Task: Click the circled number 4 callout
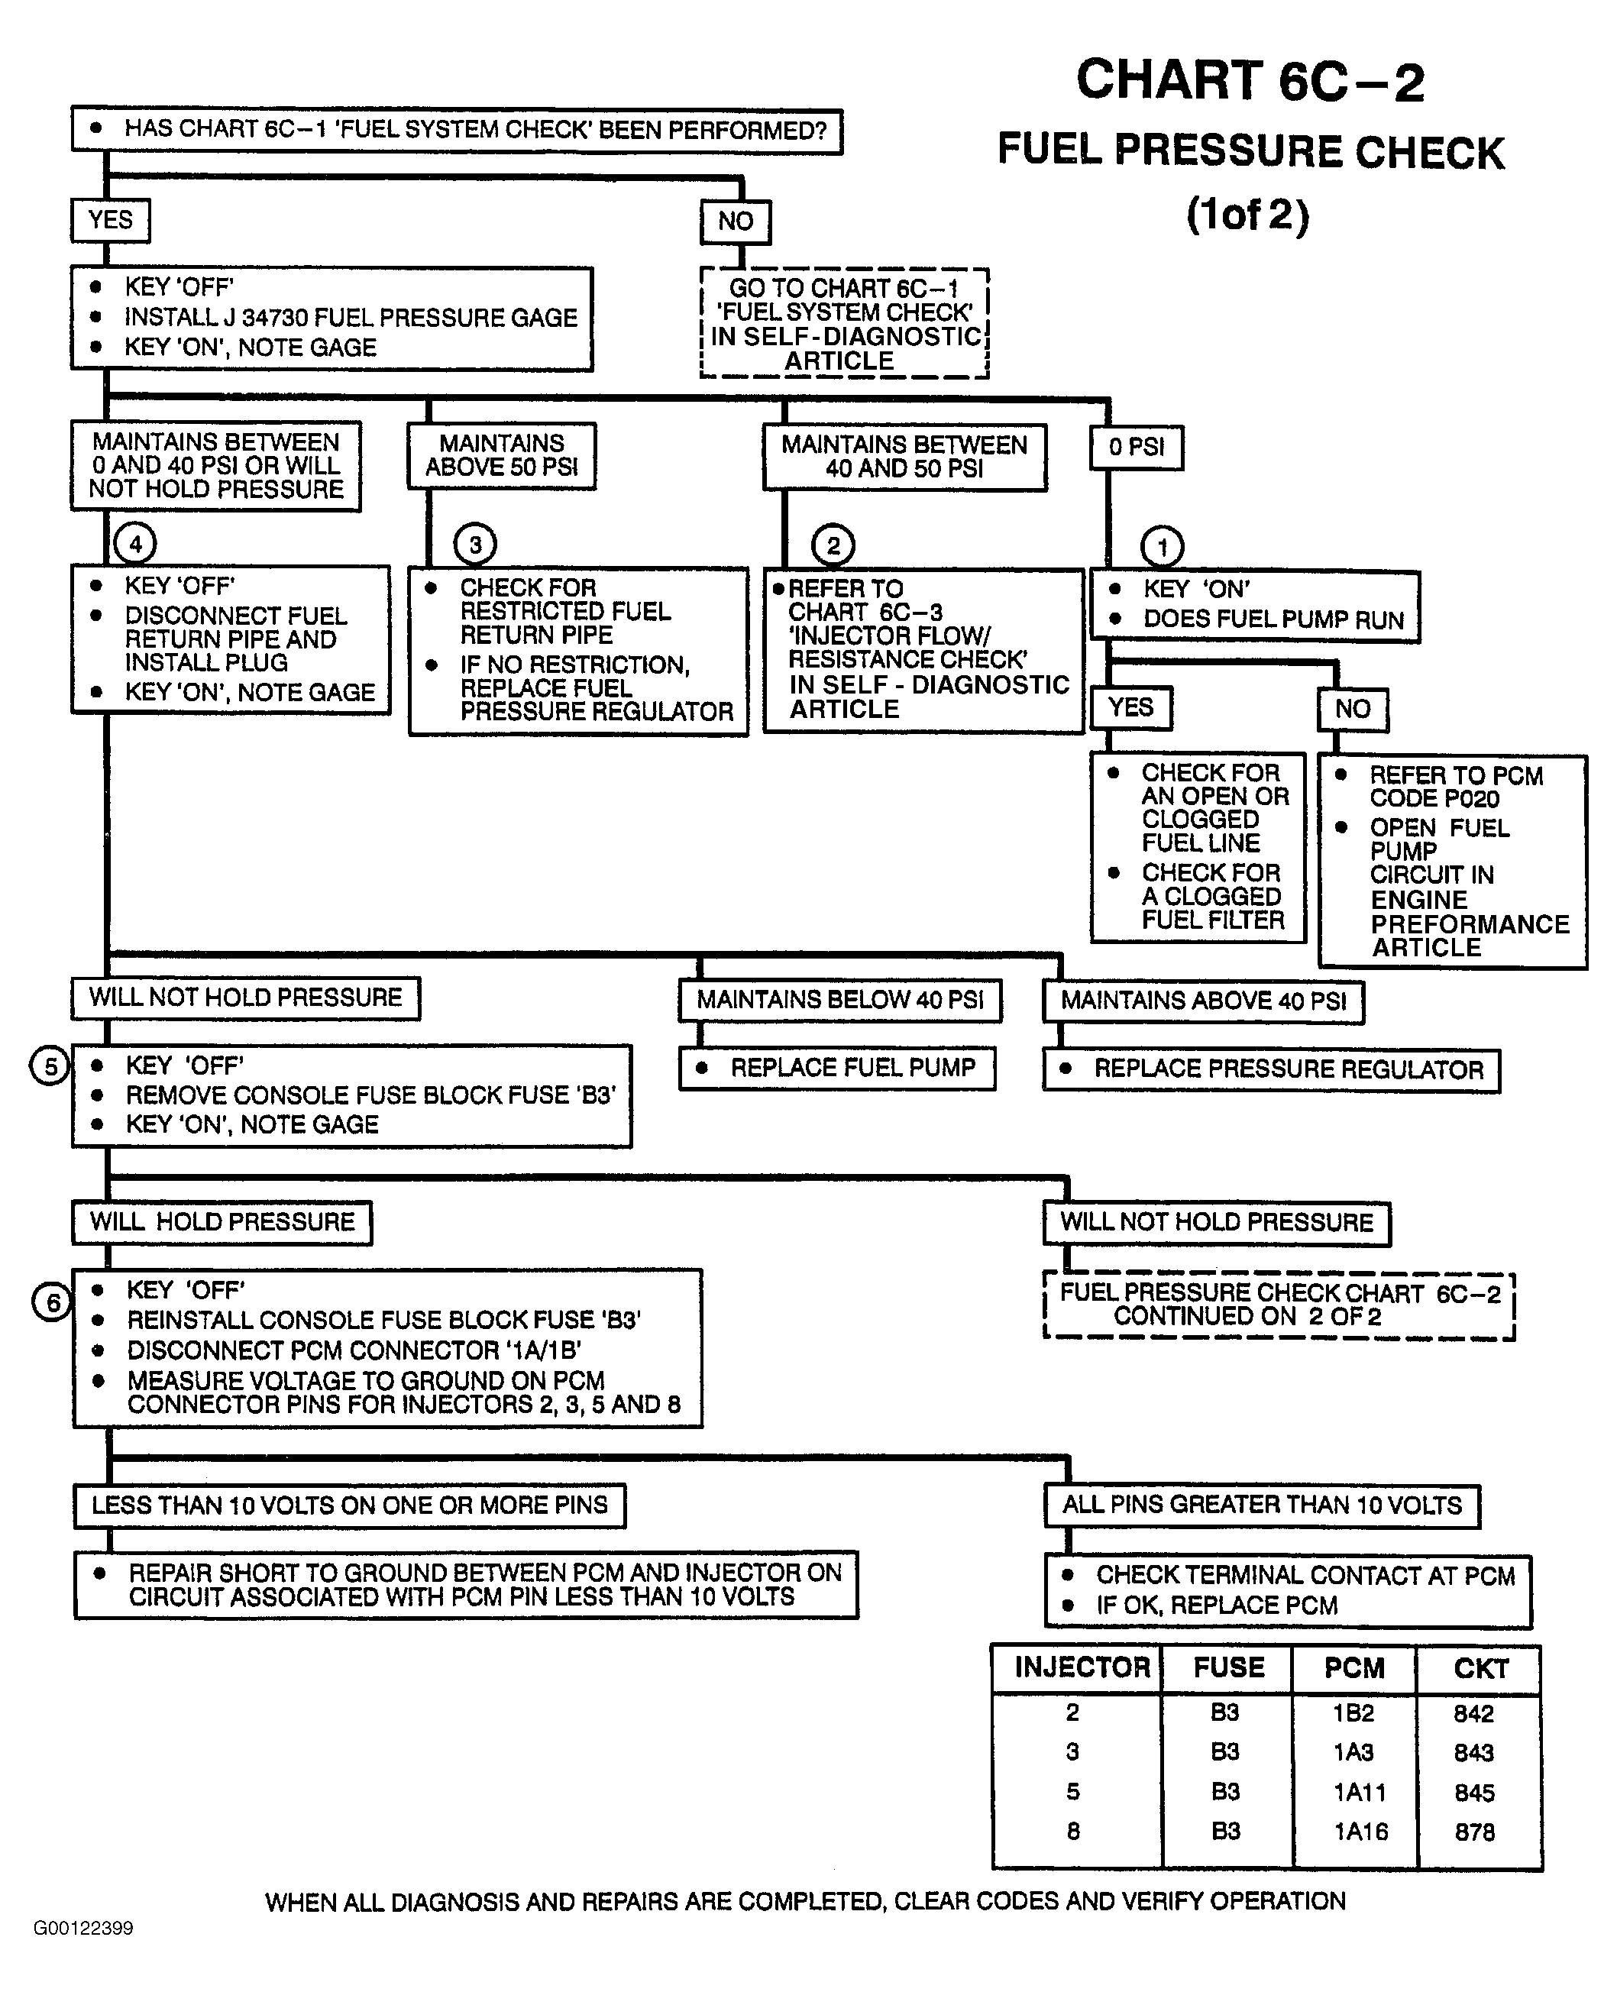tap(135, 544)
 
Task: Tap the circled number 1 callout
tap(1162, 547)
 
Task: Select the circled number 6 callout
tap(52, 1302)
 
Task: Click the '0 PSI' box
tap(1137, 447)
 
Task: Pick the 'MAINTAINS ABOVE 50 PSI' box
tap(501, 455)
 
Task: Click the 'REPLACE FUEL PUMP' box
tap(837, 1068)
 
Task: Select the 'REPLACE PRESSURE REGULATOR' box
tap(1272, 1069)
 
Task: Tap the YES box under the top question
tap(110, 221)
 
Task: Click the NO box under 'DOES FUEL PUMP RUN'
tap(1353, 710)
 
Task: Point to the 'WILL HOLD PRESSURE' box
tap(222, 1223)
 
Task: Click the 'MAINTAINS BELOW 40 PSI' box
tap(840, 1000)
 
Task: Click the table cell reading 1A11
tap(1360, 1793)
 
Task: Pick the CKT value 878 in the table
tap(1474, 1832)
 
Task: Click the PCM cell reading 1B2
tap(1353, 1712)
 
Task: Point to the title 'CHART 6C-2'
tap(1250, 81)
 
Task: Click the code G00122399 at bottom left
tap(83, 1928)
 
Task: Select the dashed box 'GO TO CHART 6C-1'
tap(844, 323)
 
